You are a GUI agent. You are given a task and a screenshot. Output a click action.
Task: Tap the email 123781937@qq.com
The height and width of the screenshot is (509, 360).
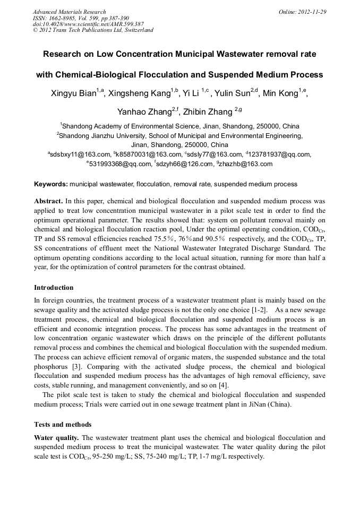[280, 154]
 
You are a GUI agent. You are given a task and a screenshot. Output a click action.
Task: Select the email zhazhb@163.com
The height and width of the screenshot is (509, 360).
[245, 165]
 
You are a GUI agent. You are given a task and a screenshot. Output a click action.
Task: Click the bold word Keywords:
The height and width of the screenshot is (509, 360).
[51, 185]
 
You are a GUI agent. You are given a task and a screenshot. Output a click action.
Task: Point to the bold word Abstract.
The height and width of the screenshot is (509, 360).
[48, 202]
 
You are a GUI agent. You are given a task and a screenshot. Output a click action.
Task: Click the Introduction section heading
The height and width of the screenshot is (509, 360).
[54, 288]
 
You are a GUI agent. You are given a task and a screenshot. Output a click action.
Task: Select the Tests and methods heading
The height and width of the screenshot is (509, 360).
[63, 425]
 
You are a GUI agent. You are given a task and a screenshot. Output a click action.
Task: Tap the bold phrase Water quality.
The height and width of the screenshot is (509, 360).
[56, 438]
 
